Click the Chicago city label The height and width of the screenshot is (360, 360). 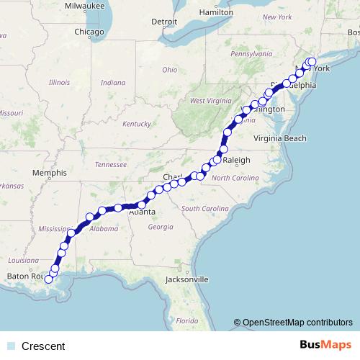[x=90, y=32]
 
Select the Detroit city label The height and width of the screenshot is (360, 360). [x=164, y=21]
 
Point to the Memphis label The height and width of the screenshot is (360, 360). [x=49, y=173]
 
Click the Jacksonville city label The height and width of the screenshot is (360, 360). [x=186, y=279]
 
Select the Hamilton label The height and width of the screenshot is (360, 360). [x=216, y=12]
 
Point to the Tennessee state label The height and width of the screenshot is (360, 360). [x=110, y=164]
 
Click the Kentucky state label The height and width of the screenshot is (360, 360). [x=137, y=124]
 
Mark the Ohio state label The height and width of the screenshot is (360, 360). [x=169, y=70]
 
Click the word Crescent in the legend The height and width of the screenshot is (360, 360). [x=43, y=346]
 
